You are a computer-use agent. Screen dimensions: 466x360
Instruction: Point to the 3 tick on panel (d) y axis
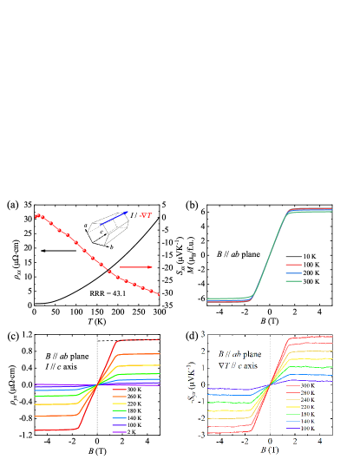(x=201, y=333)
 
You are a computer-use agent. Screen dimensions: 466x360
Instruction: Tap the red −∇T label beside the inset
(x=145, y=216)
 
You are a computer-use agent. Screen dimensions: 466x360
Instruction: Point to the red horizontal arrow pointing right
(x=136, y=267)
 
